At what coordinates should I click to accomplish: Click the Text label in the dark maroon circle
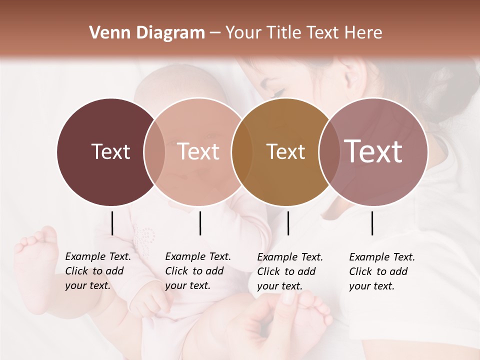(x=110, y=151)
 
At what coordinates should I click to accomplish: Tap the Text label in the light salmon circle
(x=198, y=151)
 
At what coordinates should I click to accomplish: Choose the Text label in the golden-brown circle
(x=285, y=151)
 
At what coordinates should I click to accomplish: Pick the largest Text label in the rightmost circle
(x=373, y=151)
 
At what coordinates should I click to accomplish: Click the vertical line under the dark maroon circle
(x=112, y=223)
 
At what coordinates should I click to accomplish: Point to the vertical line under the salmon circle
(x=200, y=223)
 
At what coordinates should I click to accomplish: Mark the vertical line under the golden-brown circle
(x=288, y=223)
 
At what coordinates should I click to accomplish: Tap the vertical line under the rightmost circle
(x=372, y=223)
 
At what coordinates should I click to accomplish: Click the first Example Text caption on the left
(x=98, y=256)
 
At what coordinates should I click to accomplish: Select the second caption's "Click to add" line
(x=194, y=271)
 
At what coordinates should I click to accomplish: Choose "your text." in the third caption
(x=279, y=286)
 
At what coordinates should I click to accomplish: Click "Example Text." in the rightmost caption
(x=382, y=257)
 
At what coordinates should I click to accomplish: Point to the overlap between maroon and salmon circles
(x=154, y=152)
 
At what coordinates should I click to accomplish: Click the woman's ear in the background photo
(x=353, y=75)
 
